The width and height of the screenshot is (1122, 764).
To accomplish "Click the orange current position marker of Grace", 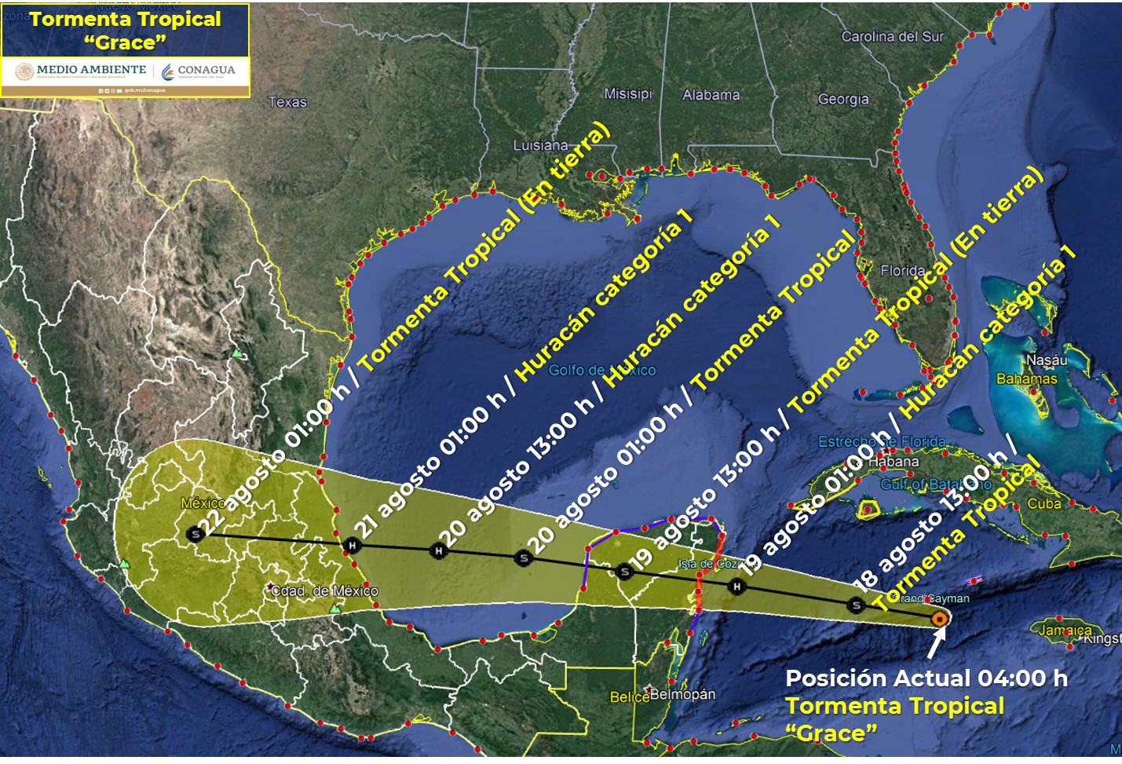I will [x=939, y=619].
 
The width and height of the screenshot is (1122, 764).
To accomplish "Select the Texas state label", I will [x=287, y=102].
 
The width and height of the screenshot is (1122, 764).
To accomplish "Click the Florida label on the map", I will [x=902, y=271].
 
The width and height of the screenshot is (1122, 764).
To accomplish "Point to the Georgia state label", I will [x=843, y=99].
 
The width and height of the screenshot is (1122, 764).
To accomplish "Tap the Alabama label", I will [x=711, y=95].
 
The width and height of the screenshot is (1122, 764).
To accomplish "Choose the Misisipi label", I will [x=627, y=93].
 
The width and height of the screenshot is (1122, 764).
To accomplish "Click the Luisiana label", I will [x=540, y=145].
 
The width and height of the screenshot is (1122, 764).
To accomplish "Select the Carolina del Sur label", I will [x=892, y=36].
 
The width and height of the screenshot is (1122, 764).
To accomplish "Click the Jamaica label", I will [x=1065, y=630].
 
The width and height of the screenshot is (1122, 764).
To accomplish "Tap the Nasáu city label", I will [x=1047, y=360].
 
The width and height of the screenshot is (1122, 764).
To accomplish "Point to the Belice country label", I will [x=630, y=696].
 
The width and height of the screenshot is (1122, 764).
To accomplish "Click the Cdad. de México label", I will [x=324, y=590].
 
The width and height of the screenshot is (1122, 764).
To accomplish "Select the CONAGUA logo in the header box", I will [x=199, y=71].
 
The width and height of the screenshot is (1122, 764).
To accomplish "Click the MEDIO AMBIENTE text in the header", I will [x=91, y=70].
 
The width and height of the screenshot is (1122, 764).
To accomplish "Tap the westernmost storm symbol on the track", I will [x=196, y=535].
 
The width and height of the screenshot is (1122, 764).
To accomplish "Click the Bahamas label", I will [x=1026, y=379].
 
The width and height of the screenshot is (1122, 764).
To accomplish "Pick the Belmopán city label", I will [x=682, y=694].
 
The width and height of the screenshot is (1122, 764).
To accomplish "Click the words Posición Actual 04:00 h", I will [x=926, y=678].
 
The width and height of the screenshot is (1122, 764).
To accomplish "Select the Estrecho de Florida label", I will [x=882, y=442].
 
